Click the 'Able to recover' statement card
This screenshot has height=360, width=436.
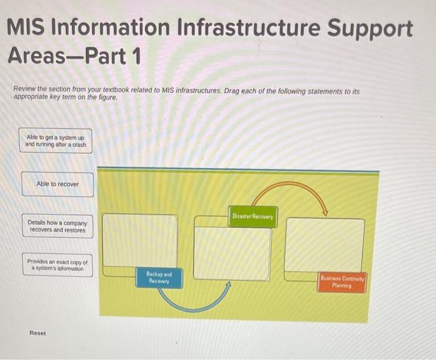tap(57, 184)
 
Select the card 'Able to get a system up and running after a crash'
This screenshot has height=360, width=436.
tap(55, 141)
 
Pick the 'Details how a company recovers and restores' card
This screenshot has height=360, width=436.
tap(57, 226)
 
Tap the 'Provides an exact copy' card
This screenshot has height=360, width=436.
tap(57, 265)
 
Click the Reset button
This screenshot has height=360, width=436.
tap(37, 333)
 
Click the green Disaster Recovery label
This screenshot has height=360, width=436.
tap(253, 216)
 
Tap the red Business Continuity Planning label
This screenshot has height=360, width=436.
tap(342, 282)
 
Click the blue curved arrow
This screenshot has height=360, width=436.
tap(193, 305)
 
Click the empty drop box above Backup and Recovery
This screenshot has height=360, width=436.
tap(140, 240)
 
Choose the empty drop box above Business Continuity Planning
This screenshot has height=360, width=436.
tap(324, 244)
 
